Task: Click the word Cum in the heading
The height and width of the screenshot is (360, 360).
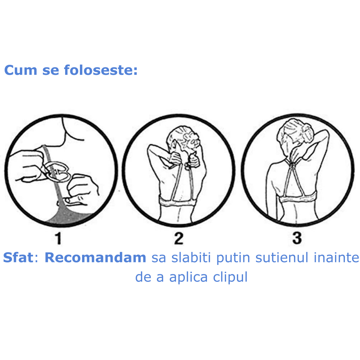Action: tap(21, 70)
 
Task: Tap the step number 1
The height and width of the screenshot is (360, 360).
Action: tap(58, 238)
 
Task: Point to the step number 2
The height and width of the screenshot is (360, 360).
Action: tap(179, 238)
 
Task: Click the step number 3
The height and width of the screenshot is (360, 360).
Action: tap(297, 238)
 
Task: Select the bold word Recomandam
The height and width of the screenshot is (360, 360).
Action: tap(95, 258)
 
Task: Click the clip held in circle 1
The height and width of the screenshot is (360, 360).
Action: tap(58, 170)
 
